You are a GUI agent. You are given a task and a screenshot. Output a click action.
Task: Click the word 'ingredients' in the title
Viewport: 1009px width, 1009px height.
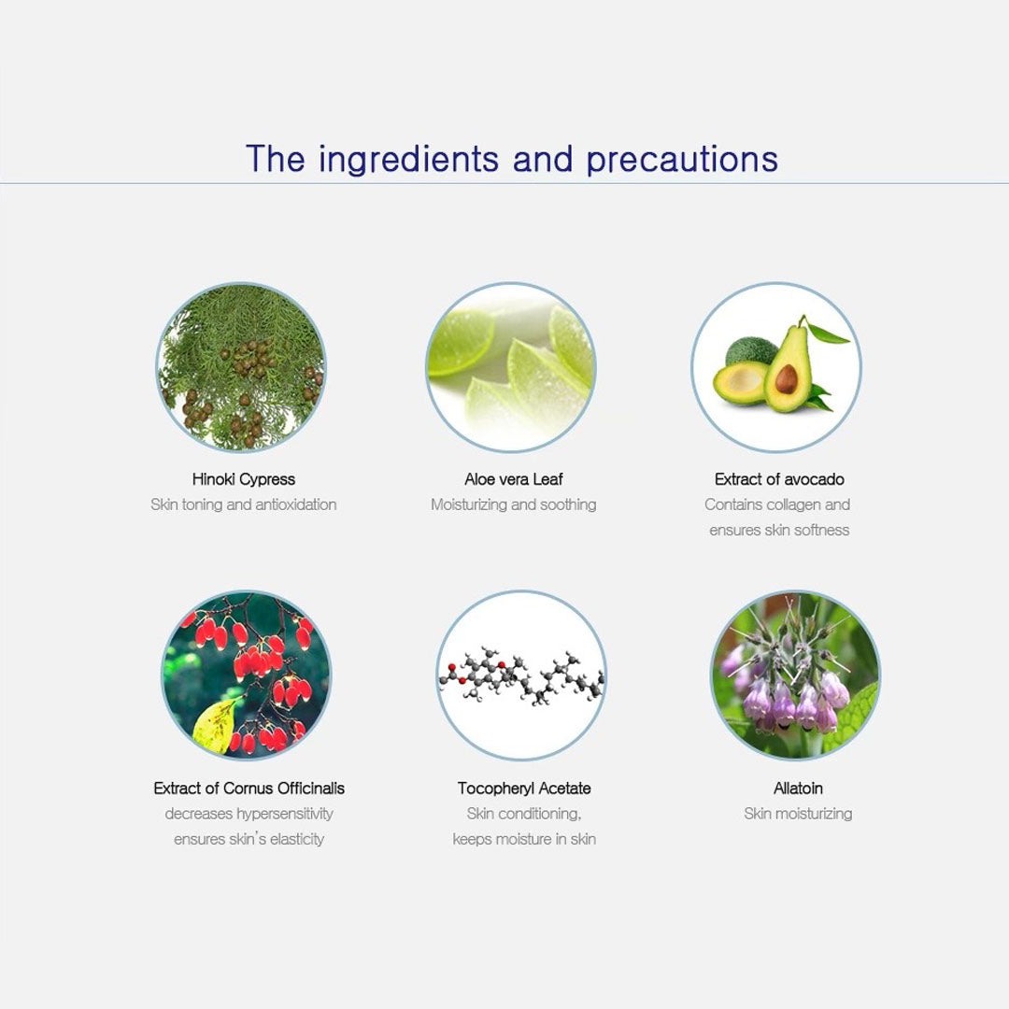point(408,160)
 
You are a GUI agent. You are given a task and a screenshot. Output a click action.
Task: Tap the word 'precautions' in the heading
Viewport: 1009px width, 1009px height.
point(682,160)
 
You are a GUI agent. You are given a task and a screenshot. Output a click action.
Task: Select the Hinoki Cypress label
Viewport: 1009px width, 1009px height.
point(243,479)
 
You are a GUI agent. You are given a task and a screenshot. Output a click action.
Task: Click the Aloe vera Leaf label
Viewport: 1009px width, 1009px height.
point(514,479)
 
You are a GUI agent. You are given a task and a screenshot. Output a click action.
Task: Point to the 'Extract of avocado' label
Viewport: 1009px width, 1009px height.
point(779,479)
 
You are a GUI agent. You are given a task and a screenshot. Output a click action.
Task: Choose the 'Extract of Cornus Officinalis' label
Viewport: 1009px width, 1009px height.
point(249,789)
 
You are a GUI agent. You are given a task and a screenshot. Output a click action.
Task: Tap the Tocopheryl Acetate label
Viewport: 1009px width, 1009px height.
point(524,789)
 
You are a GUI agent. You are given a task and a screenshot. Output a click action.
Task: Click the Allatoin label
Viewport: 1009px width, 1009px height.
point(798,789)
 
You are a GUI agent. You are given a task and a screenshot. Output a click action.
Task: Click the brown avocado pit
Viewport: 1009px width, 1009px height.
point(787,378)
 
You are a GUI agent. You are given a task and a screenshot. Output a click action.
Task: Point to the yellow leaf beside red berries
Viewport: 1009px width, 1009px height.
point(216,726)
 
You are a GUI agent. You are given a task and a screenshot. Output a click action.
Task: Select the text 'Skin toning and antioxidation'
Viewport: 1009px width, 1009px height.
point(243,504)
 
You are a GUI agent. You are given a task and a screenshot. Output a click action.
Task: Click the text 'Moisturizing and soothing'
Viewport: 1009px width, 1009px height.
point(514,504)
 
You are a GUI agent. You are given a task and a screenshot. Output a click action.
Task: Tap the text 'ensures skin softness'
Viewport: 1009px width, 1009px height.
point(779,531)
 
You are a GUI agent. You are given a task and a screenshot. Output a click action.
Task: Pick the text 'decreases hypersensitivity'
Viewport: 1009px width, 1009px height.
point(249,814)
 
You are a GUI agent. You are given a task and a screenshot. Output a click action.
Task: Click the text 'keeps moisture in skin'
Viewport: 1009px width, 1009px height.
point(524,839)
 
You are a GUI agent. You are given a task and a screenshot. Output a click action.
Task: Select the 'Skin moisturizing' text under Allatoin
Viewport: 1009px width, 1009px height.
point(798,814)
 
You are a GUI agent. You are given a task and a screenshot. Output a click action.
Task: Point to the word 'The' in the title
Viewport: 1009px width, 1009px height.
point(276,158)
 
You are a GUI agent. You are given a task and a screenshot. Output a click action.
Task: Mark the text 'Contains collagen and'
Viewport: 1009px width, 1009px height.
point(777,504)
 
